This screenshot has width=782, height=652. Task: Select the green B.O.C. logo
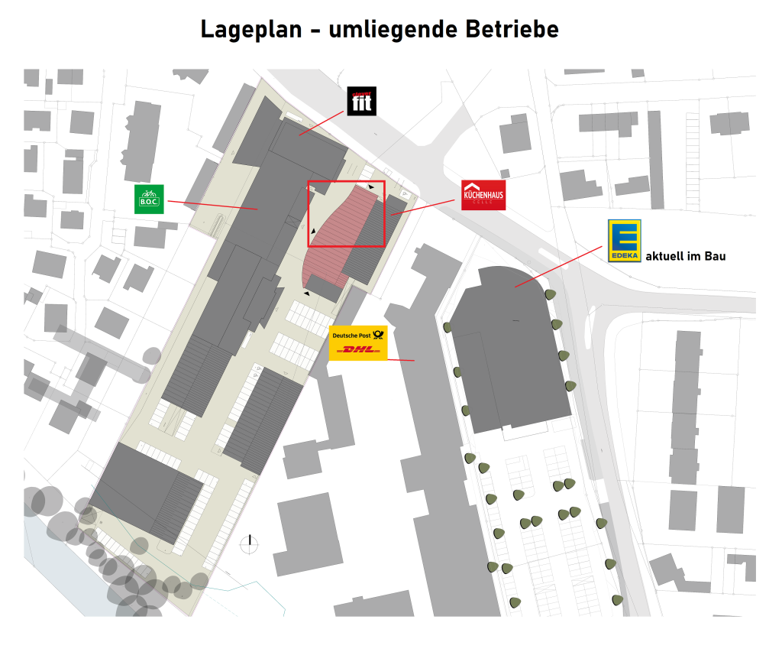click(x=149, y=199)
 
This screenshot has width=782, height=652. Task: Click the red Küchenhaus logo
click(x=483, y=195)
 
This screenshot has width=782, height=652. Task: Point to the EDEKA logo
click(x=625, y=241)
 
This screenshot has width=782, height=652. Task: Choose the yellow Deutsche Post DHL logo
click(x=359, y=342)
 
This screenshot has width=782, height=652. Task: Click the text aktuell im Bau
click(x=686, y=256)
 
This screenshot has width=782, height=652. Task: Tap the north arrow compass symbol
click(x=249, y=544)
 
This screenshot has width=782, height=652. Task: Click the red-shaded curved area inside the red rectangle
click(x=336, y=229)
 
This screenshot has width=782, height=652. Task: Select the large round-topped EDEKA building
click(x=508, y=344)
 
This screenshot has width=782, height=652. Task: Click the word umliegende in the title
click(x=396, y=30)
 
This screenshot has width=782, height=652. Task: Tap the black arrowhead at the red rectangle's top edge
click(x=371, y=186)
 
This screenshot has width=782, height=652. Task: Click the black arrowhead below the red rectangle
click(x=307, y=293)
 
